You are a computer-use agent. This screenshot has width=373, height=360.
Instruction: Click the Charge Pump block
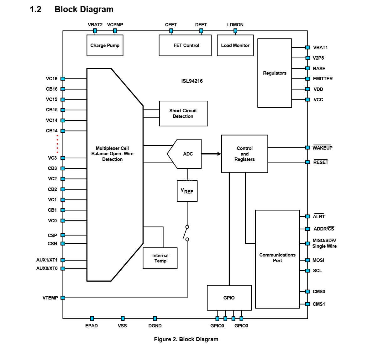[105, 45]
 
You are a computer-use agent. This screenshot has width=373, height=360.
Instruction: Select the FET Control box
[185, 45]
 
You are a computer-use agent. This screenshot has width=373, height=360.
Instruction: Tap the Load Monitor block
[235, 45]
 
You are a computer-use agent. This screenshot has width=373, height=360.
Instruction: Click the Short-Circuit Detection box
[183, 114]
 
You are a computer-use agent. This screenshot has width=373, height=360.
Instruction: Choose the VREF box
[187, 191]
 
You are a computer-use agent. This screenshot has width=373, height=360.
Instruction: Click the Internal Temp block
[160, 258]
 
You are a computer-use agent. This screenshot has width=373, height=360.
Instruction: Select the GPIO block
[229, 298]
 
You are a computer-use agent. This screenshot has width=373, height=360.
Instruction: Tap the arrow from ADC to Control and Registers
[211, 154]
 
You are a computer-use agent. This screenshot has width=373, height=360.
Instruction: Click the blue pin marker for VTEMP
[63, 298]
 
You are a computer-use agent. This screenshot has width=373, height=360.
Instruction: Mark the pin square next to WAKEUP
[307, 148]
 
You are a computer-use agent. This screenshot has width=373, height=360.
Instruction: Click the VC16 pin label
[52, 79]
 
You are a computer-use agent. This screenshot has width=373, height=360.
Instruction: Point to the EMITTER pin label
[323, 79]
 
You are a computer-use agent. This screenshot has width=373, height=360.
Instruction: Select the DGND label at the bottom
[155, 326]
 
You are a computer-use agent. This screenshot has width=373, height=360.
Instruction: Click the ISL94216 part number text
[192, 81]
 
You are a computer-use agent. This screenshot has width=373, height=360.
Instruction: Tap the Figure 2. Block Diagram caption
[186, 339]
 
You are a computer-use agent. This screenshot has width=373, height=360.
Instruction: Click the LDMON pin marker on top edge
[235, 31]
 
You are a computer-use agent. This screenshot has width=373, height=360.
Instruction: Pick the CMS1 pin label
[319, 304]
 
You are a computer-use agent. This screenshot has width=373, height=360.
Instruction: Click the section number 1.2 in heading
[35, 9]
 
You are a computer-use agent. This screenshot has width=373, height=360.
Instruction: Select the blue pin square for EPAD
[92, 319]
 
